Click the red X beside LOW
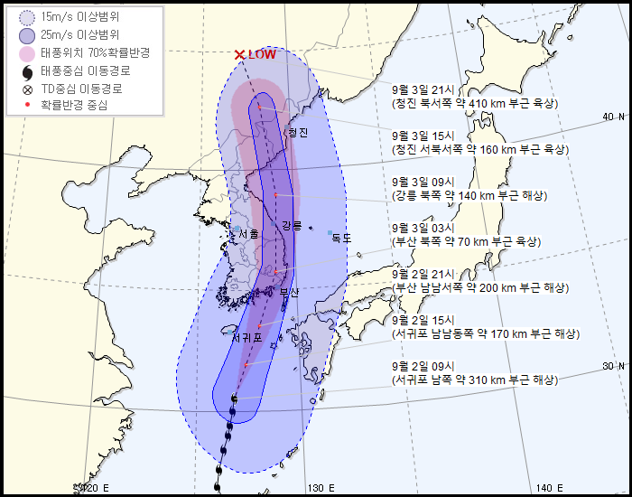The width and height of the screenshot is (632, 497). [x=239, y=55]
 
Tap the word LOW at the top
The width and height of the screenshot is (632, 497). [x=262, y=54]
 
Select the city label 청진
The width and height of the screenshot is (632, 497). [x=297, y=133]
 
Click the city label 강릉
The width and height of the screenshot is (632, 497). [x=292, y=225]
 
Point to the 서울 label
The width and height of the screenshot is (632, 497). [x=247, y=234]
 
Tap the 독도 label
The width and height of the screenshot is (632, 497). [x=341, y=239]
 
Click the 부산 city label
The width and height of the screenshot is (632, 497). [x=289, y=292]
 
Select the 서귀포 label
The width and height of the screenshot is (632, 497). [x=246, y=338]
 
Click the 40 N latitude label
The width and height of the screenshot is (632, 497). [x=614, y=117]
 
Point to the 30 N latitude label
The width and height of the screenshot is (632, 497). [x=614, y=365]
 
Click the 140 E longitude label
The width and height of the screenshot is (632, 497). [x=549, y=488]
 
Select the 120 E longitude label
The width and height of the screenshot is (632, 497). [x=94, y=488]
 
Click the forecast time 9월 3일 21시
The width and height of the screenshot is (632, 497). [x=429, y=90]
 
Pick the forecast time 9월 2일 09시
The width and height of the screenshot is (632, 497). [x=429, y=367]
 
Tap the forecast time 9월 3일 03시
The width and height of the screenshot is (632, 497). [x=429, y=229]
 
